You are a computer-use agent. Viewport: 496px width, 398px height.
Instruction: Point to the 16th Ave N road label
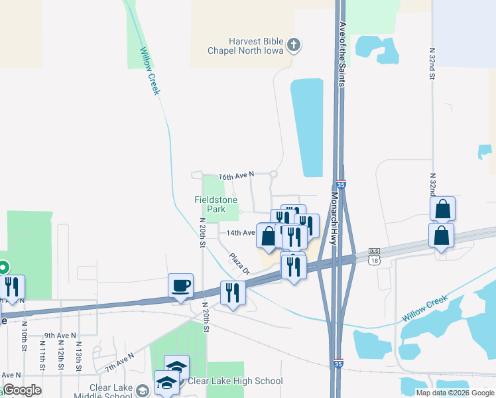pos(237,176)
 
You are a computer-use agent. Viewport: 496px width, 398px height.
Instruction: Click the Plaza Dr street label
pos(239,264)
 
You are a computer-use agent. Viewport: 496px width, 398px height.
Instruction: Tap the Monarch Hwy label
pos(334,222)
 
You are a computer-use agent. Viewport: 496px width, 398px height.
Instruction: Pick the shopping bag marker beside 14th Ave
pos(267,236)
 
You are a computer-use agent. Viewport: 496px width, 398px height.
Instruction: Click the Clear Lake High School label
pos(235,381)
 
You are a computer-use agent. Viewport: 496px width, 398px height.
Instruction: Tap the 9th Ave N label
pos(60,336)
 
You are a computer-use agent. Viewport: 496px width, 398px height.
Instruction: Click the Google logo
pos(22,390)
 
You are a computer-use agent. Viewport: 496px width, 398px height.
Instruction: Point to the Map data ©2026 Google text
pos(455,393)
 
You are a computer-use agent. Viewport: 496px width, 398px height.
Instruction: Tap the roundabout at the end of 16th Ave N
pos(273,174)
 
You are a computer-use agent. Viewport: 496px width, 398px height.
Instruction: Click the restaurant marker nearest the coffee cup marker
pos(232,293)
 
